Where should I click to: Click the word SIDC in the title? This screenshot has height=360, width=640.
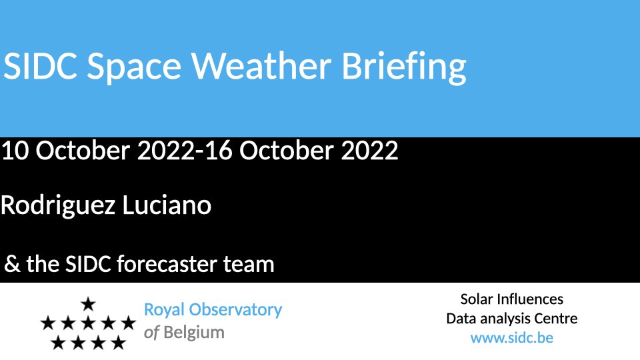click(41, 66)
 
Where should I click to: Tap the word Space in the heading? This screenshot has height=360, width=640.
click(134, 68)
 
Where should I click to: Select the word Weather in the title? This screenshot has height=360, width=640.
click(261, 65)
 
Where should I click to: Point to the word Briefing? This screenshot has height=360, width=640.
click(404, 67)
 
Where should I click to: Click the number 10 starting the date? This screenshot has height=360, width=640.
click(15, 150)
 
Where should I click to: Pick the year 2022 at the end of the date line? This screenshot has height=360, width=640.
click(369, 150)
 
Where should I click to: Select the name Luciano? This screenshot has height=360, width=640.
click(167, 205)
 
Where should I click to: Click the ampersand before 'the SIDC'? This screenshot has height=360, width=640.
click(12, 264)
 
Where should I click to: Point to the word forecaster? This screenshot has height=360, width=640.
click(167, 264)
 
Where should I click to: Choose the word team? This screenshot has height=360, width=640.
click(249, 264)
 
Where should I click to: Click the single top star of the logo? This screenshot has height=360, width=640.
click(88, 304)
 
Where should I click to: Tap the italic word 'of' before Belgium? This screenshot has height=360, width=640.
click(151, 332)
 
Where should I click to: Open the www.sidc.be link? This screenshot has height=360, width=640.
click(512, 338)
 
